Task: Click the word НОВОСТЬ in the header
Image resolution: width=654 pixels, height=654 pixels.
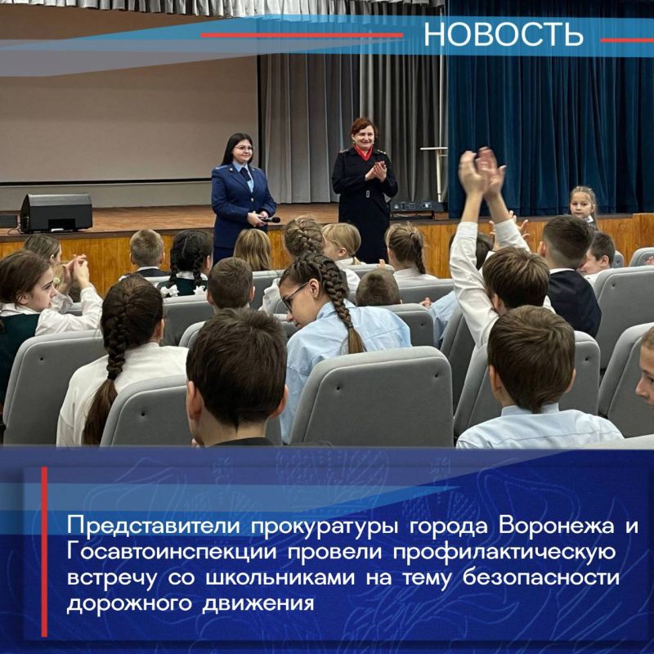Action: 503,34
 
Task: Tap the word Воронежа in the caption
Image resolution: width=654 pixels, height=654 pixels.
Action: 535,523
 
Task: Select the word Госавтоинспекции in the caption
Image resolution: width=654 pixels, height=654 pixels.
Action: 160,551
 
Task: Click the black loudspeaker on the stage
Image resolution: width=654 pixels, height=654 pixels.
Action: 56,213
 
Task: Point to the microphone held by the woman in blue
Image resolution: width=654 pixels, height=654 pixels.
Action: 270,219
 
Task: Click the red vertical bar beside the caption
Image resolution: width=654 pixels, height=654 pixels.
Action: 45,552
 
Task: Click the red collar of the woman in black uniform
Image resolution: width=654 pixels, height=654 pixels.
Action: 363,152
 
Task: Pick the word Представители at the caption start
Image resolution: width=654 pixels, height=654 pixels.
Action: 144,523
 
